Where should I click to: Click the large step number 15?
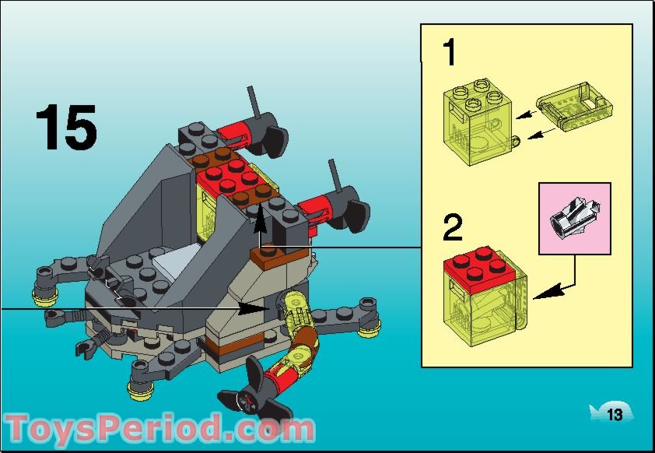pos(66,128)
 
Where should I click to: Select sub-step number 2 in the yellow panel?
pos(453,229)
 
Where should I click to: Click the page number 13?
pos(615,415)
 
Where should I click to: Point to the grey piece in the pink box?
pos(574,219)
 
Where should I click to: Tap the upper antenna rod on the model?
pos(253,100)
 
